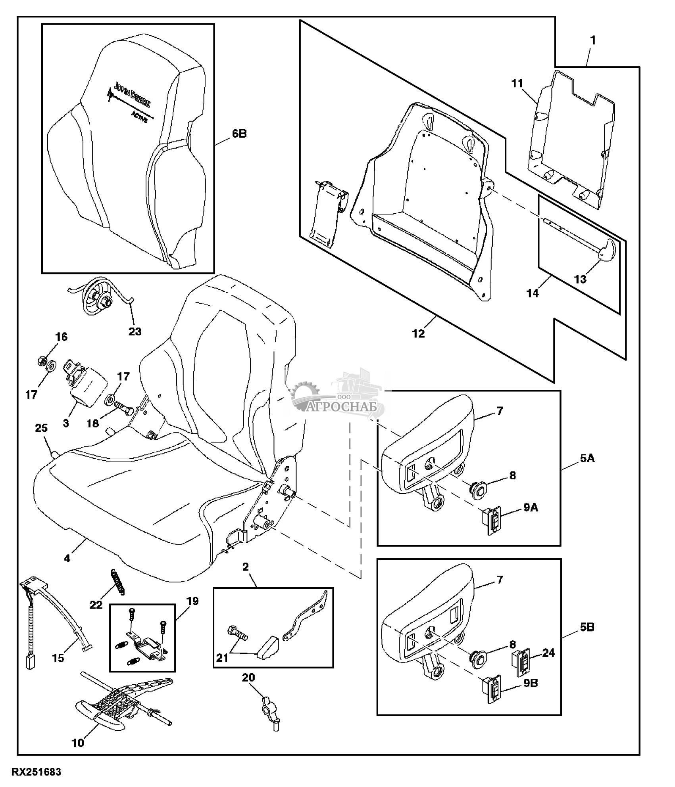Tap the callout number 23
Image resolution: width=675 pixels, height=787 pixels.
point(135,331)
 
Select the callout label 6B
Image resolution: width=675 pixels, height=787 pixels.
point(239,134)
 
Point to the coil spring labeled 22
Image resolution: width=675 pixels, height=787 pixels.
point(117,582)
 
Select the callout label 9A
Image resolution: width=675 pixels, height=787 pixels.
point(531,507)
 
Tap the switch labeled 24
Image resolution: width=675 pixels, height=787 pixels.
point(523,664)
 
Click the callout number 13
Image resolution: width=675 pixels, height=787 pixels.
point(580,279)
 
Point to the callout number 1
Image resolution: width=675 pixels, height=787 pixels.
point(593,40)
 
